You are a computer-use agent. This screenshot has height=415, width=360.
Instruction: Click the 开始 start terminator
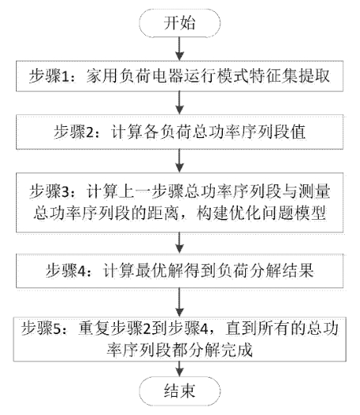(x=179, y=23)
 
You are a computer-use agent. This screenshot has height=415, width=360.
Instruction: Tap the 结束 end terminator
(x=179, y=391)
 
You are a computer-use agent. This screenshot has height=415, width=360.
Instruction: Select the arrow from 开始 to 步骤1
(x=179, y=48)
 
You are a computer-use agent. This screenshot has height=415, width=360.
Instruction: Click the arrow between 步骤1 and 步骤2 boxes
(x=179, y=103)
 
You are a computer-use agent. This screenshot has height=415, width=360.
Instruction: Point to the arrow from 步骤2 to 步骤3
(x=179, y=161)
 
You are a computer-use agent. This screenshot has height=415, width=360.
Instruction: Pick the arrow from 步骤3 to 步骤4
(x=179, y=243)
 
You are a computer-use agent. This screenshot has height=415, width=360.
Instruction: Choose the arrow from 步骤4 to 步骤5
(x=179, y=302)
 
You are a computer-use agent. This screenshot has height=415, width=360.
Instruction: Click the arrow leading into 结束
(x=179, y=369)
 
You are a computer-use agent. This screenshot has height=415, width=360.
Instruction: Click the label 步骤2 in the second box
(x=74, y=132)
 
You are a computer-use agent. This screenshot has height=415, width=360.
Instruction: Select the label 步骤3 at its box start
(x=49, y=191)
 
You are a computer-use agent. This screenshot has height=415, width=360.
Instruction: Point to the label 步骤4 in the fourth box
(x=66, y=271)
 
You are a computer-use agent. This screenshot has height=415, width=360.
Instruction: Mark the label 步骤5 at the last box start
(x=41, y=329)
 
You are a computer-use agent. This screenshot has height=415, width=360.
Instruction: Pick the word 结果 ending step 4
(x=298, y=271)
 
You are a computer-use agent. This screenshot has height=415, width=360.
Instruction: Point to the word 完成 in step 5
(x=237, y=350)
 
